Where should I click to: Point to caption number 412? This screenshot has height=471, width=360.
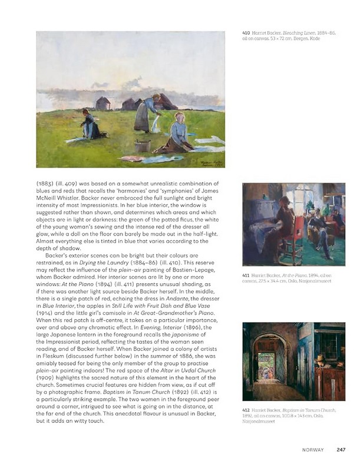246,409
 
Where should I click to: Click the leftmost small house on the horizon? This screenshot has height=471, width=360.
103,102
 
